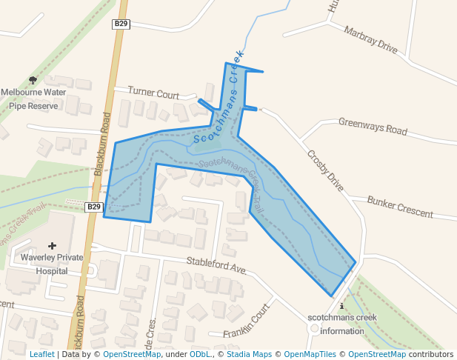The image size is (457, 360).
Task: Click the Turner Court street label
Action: click(153, 94)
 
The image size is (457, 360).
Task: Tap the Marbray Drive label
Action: click(371, 40)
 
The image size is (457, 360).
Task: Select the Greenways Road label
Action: click(373, 126)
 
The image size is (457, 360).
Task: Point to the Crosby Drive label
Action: click(325, 170)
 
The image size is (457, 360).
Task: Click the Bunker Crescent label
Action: click(400, 207)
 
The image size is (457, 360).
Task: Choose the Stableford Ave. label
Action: click(216, 265)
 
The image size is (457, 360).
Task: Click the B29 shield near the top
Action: click(121, 24)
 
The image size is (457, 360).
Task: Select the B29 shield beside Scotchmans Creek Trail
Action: click(93, 207)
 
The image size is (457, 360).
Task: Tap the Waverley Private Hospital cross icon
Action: click(52, 245)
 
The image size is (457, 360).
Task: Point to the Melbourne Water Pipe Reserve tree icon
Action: click(33, 80)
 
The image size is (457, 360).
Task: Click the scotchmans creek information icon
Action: click(341, 305)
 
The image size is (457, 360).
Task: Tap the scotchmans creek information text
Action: click(341, 324)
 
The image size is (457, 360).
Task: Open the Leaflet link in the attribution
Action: click(41, 355)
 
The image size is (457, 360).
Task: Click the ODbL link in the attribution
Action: click(200, 355)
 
